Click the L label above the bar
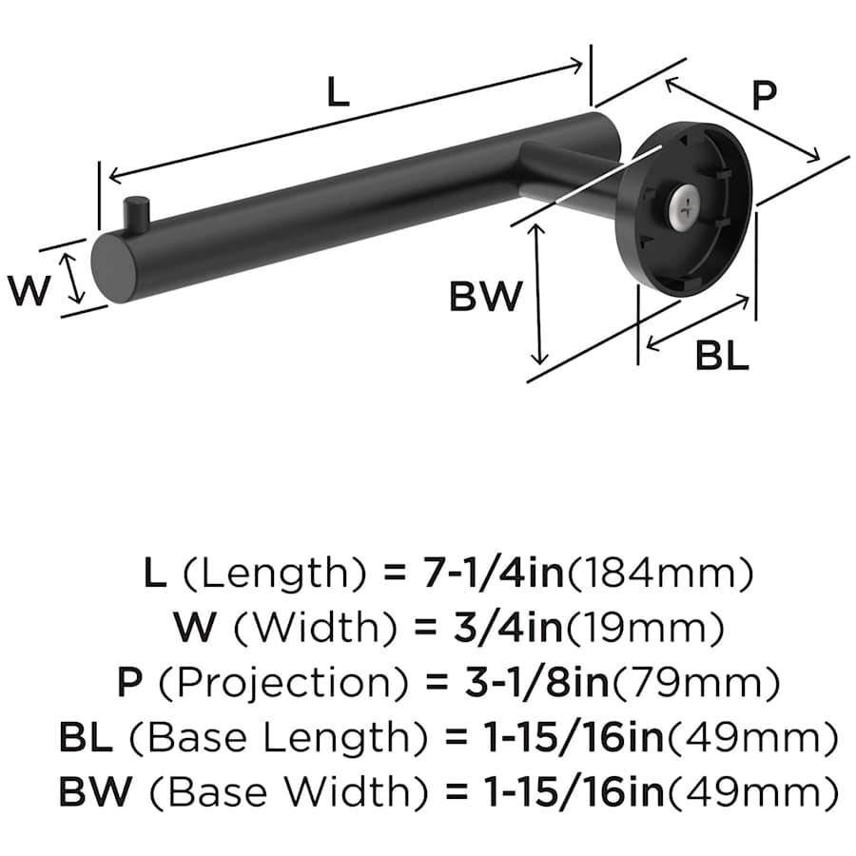[x=338, y=92]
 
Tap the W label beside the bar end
[x=30, y=289]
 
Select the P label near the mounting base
[x=764, y=95]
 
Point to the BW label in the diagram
[x=486, y=297]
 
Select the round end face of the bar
[x=113, y=268]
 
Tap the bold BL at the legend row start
[x=85, y=737]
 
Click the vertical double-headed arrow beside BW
[x=539, y=295]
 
